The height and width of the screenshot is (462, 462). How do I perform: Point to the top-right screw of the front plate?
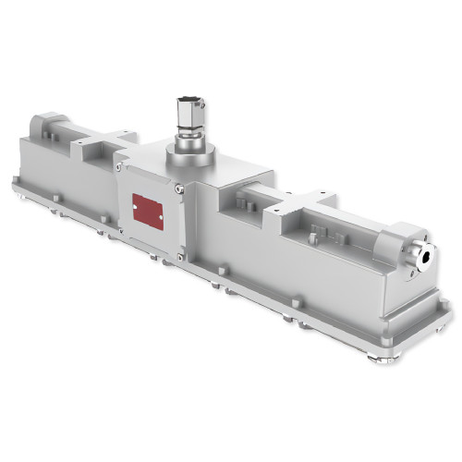(x=181, y=189)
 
